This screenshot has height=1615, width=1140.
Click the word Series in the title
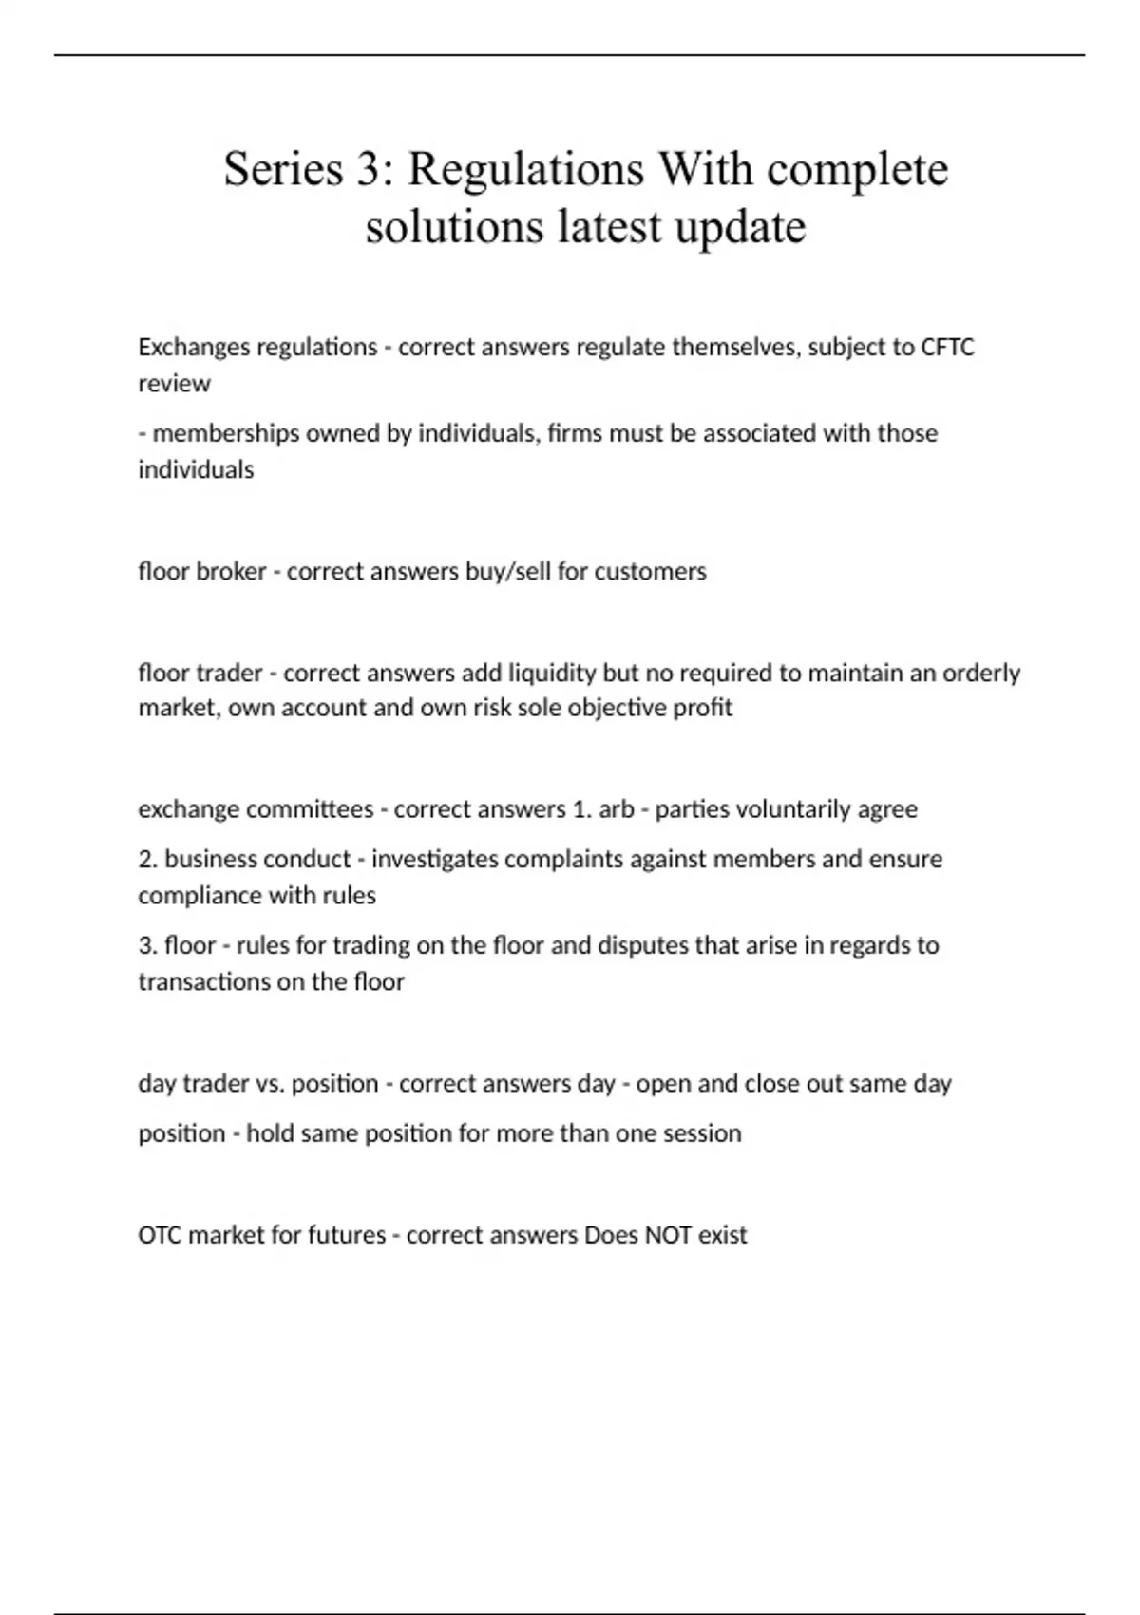[283, 169]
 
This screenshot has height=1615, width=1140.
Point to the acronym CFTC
[947, 347]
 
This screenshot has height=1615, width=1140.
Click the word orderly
[980, 673]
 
